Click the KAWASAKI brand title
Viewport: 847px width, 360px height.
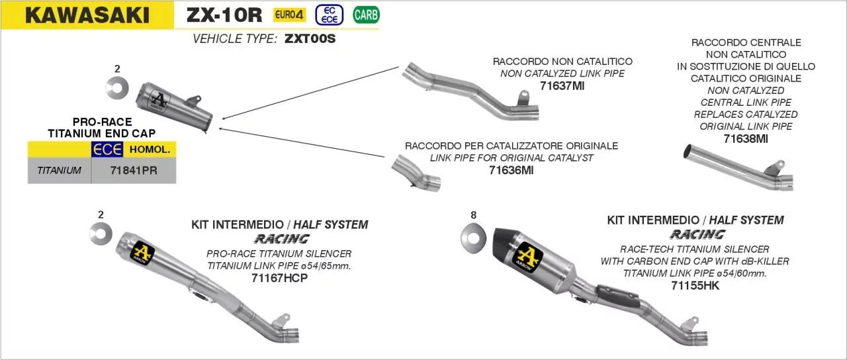point(87,15)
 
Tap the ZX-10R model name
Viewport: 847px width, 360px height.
point(224,15)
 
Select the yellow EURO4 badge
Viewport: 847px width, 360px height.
point(290,15)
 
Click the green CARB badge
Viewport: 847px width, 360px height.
point(366,14)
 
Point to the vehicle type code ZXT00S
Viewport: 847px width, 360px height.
point(310,38)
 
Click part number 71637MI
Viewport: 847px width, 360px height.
point(562,85)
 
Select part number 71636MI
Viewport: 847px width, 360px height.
point(511,170)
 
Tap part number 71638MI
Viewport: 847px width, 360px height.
point(746,138)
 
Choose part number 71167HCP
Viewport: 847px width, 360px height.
point(280,277)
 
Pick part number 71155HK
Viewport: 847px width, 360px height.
point(695,285)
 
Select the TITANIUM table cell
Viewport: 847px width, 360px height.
point(60,170)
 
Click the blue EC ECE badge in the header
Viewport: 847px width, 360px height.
point(329,15)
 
